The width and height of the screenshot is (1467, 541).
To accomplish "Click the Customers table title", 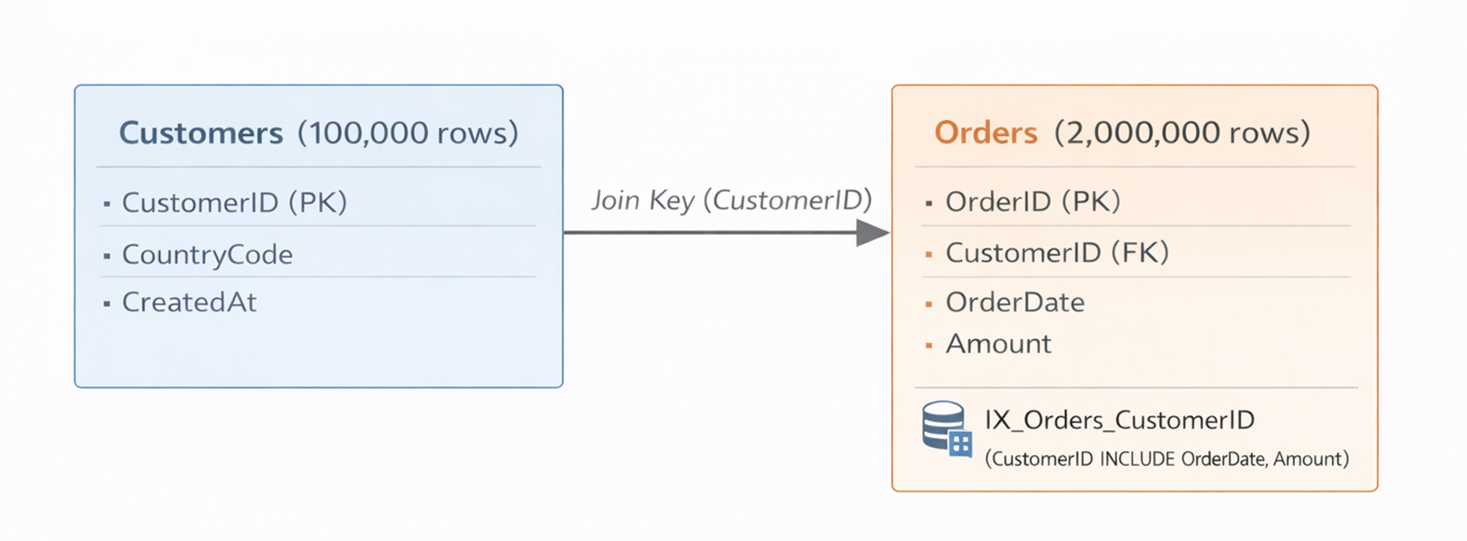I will [201, 133].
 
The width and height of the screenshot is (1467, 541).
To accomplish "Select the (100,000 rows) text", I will [407, 133].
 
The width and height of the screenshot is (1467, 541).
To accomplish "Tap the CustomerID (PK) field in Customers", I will [233, 202].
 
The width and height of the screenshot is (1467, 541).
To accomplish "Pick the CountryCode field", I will [207, 254].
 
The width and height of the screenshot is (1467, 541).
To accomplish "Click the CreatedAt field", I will [189, 302].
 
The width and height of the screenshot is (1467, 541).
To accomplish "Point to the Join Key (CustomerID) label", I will [731, 199].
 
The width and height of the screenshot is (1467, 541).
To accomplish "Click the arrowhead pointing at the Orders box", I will [872, 233].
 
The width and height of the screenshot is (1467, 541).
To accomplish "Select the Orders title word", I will [985, 133].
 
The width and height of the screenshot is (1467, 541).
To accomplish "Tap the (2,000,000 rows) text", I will [1181, 133].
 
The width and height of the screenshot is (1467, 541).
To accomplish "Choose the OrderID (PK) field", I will [1033, 201].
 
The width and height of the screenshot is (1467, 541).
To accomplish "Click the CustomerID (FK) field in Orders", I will [1057, 252].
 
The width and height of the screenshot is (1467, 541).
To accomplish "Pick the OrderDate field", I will [1015, 302].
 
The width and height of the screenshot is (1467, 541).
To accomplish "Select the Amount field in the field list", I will [998, 344].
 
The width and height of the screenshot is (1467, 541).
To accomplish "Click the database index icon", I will [946, 428].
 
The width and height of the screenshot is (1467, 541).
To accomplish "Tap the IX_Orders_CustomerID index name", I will [1119, 420].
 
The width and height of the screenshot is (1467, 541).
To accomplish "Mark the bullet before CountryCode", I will [107, 255].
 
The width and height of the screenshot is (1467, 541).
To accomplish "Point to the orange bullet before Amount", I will [928, 345].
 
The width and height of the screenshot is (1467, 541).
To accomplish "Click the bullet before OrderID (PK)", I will [928, 202].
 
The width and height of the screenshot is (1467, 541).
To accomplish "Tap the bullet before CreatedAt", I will [107, 304].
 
